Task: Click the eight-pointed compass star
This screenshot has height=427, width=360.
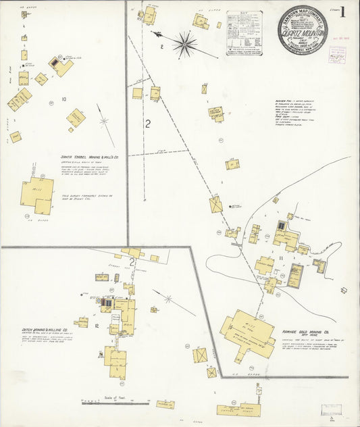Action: pos(184,45)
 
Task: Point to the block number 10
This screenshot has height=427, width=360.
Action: pos(63,99)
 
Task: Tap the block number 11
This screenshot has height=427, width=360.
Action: pos(280,257)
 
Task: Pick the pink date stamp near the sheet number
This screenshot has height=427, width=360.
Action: pos(336,55)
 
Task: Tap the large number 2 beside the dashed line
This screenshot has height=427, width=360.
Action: pos(147,124)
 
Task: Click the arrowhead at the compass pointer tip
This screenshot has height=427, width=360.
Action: pos(155,33)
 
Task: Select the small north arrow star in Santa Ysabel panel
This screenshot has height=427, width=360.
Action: pos(104,122)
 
